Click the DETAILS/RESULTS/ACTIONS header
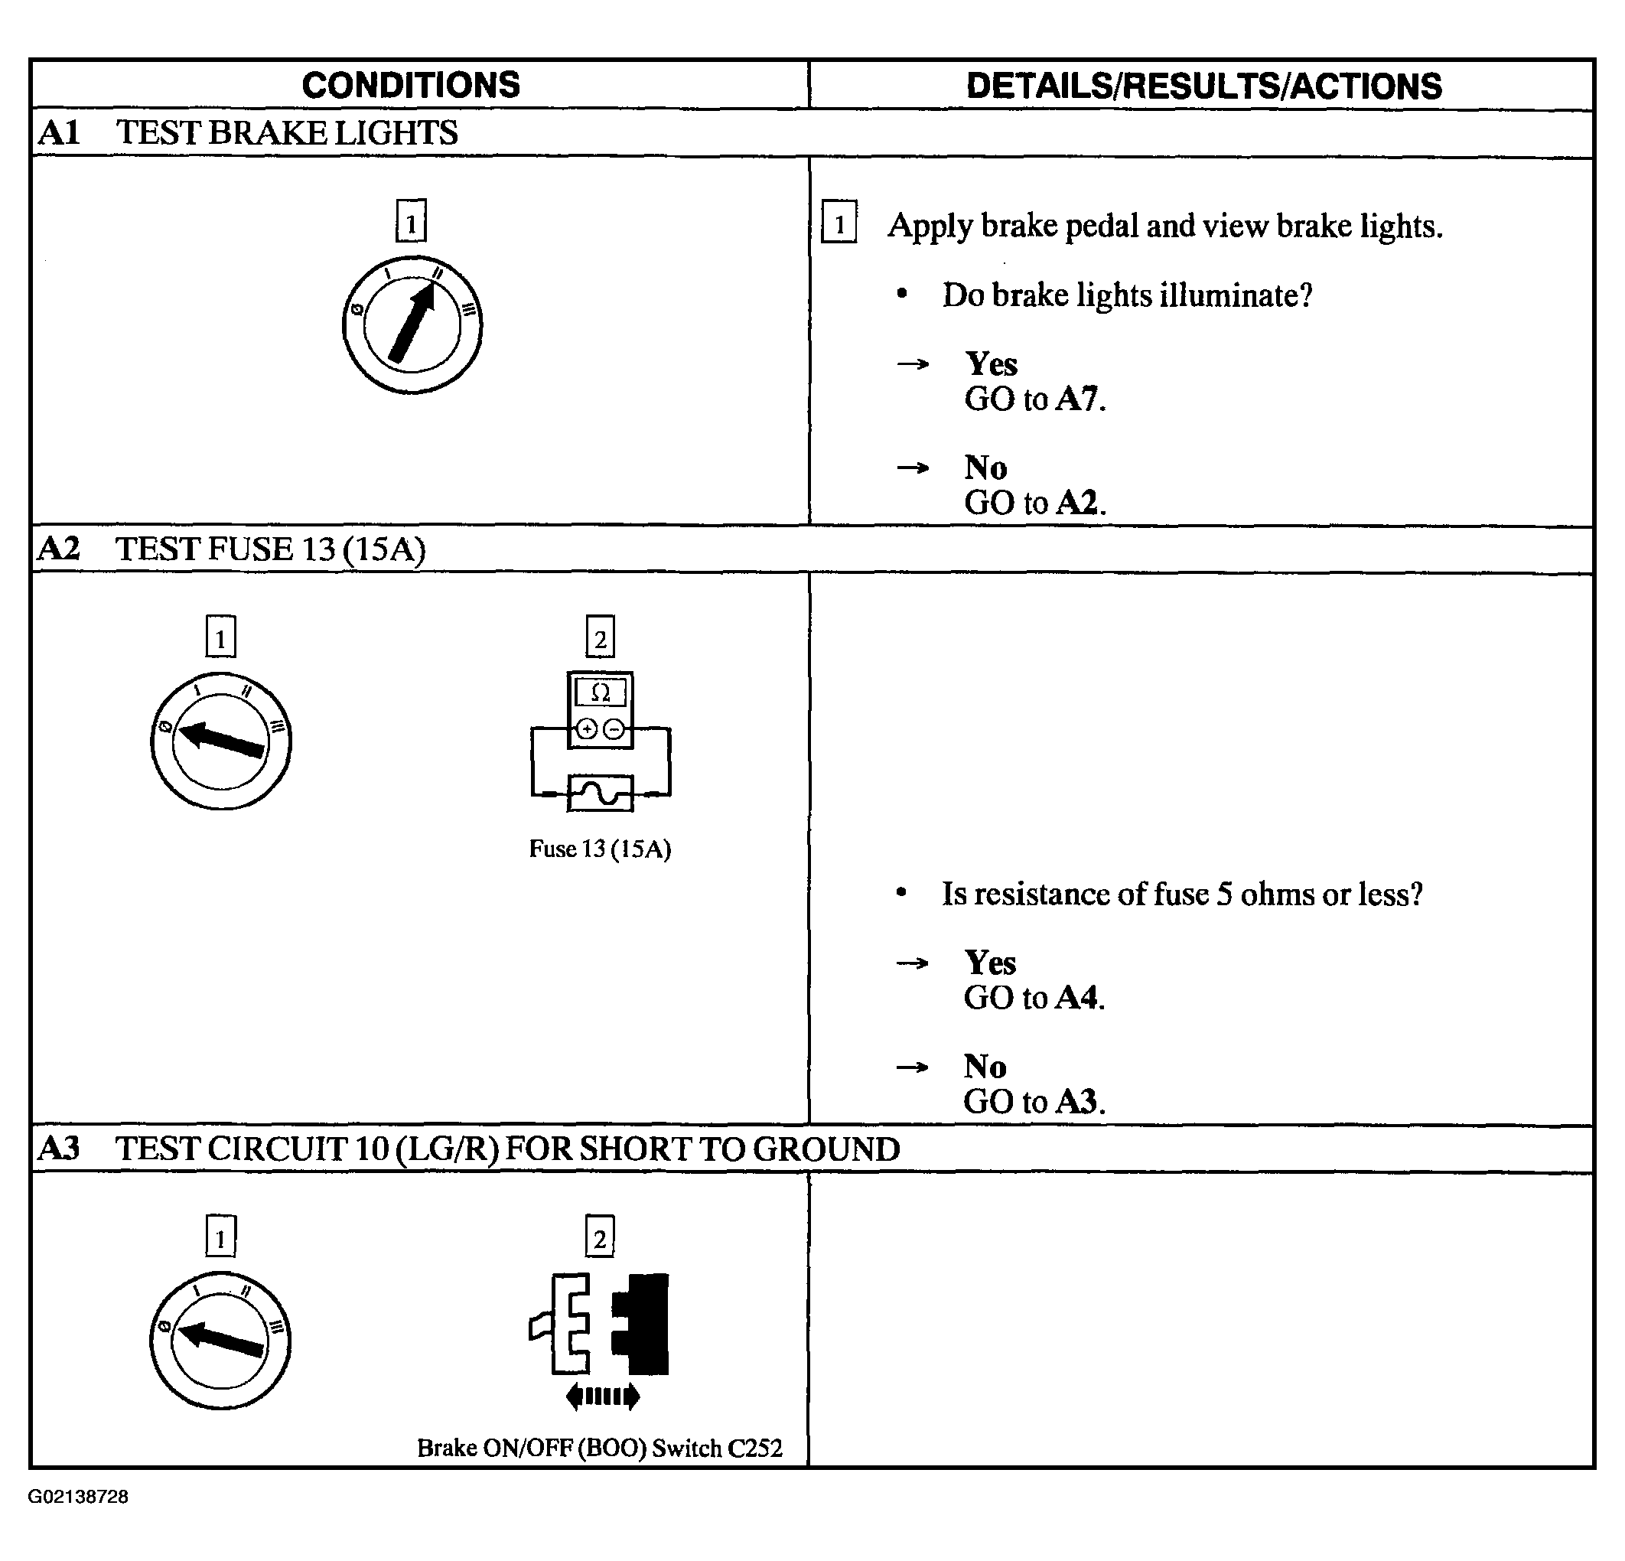click(x=1203, y=86)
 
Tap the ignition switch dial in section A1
click(x=412, y=324)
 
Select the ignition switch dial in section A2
click(x=220, y=741)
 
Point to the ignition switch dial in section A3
click(x=220, y=1340)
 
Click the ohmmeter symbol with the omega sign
click(x=601, y=710)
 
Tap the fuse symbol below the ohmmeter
click(x=601, y=793)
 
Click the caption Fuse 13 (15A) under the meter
click(x=599, y=849)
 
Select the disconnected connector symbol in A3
click(x=599, y=1325)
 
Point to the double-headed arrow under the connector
click(x=603, y=1396)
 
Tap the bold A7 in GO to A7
click(x=1077, y=399)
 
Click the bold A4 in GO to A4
click(x=1077, y=997)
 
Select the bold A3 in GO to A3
click(x=1077, y=1101)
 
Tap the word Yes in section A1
click(x=991, y=363)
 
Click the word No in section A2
click(x=985, y=1066)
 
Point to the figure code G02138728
click(x=78, y=1496)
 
